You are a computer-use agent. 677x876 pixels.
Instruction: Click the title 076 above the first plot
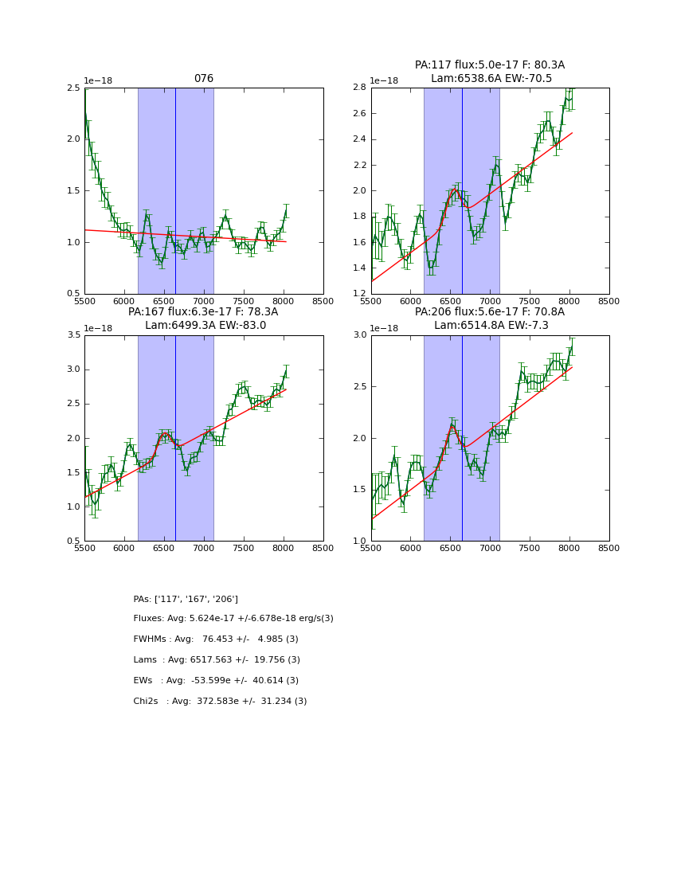click(x=204, y=79)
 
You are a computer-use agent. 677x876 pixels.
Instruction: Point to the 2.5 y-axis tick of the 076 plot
click(x=73, y=88)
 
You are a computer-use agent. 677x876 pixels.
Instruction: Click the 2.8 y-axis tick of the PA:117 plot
click(x=359, y=88)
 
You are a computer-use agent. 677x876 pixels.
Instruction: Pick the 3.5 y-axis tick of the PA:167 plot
click(x=73, y=335)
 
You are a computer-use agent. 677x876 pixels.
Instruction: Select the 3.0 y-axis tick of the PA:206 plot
click(x=359, y=335)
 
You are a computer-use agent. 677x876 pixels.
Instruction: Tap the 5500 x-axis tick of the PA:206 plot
click(x=371, y=549)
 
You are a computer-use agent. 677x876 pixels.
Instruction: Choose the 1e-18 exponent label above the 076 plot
click(x=99, y=81)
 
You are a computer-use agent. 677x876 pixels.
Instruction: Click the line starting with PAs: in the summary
click(x=186, y=599)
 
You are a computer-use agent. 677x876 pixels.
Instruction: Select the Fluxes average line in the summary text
click(x=233, y=619)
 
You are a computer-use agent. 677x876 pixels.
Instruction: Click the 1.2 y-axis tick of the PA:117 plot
click(x=359, y=294)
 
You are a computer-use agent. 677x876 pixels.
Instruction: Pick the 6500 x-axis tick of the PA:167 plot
click(x=164, y=549)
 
